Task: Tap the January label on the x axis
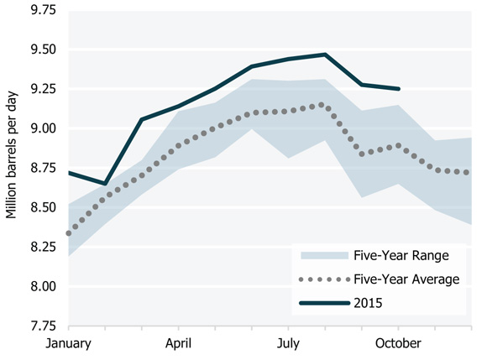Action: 69,343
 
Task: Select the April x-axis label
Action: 178,343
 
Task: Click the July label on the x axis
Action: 288,343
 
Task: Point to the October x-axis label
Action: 398,343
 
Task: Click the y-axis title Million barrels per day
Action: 12,168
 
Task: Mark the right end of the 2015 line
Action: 399,88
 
